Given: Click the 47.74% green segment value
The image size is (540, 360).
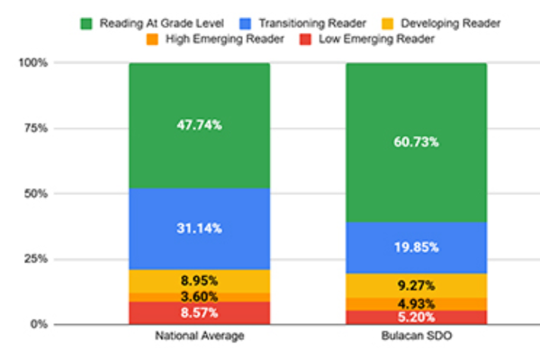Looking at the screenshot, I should point(200,126).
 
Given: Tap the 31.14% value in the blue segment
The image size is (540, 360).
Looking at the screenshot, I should point(200,229).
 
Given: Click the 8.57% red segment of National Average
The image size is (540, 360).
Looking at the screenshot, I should point(200,312).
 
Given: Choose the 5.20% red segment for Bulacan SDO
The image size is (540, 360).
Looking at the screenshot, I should point(417,317).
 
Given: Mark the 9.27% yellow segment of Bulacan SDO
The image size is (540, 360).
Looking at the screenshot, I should point(417,286).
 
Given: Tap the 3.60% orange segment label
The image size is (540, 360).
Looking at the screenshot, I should point(200,296).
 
